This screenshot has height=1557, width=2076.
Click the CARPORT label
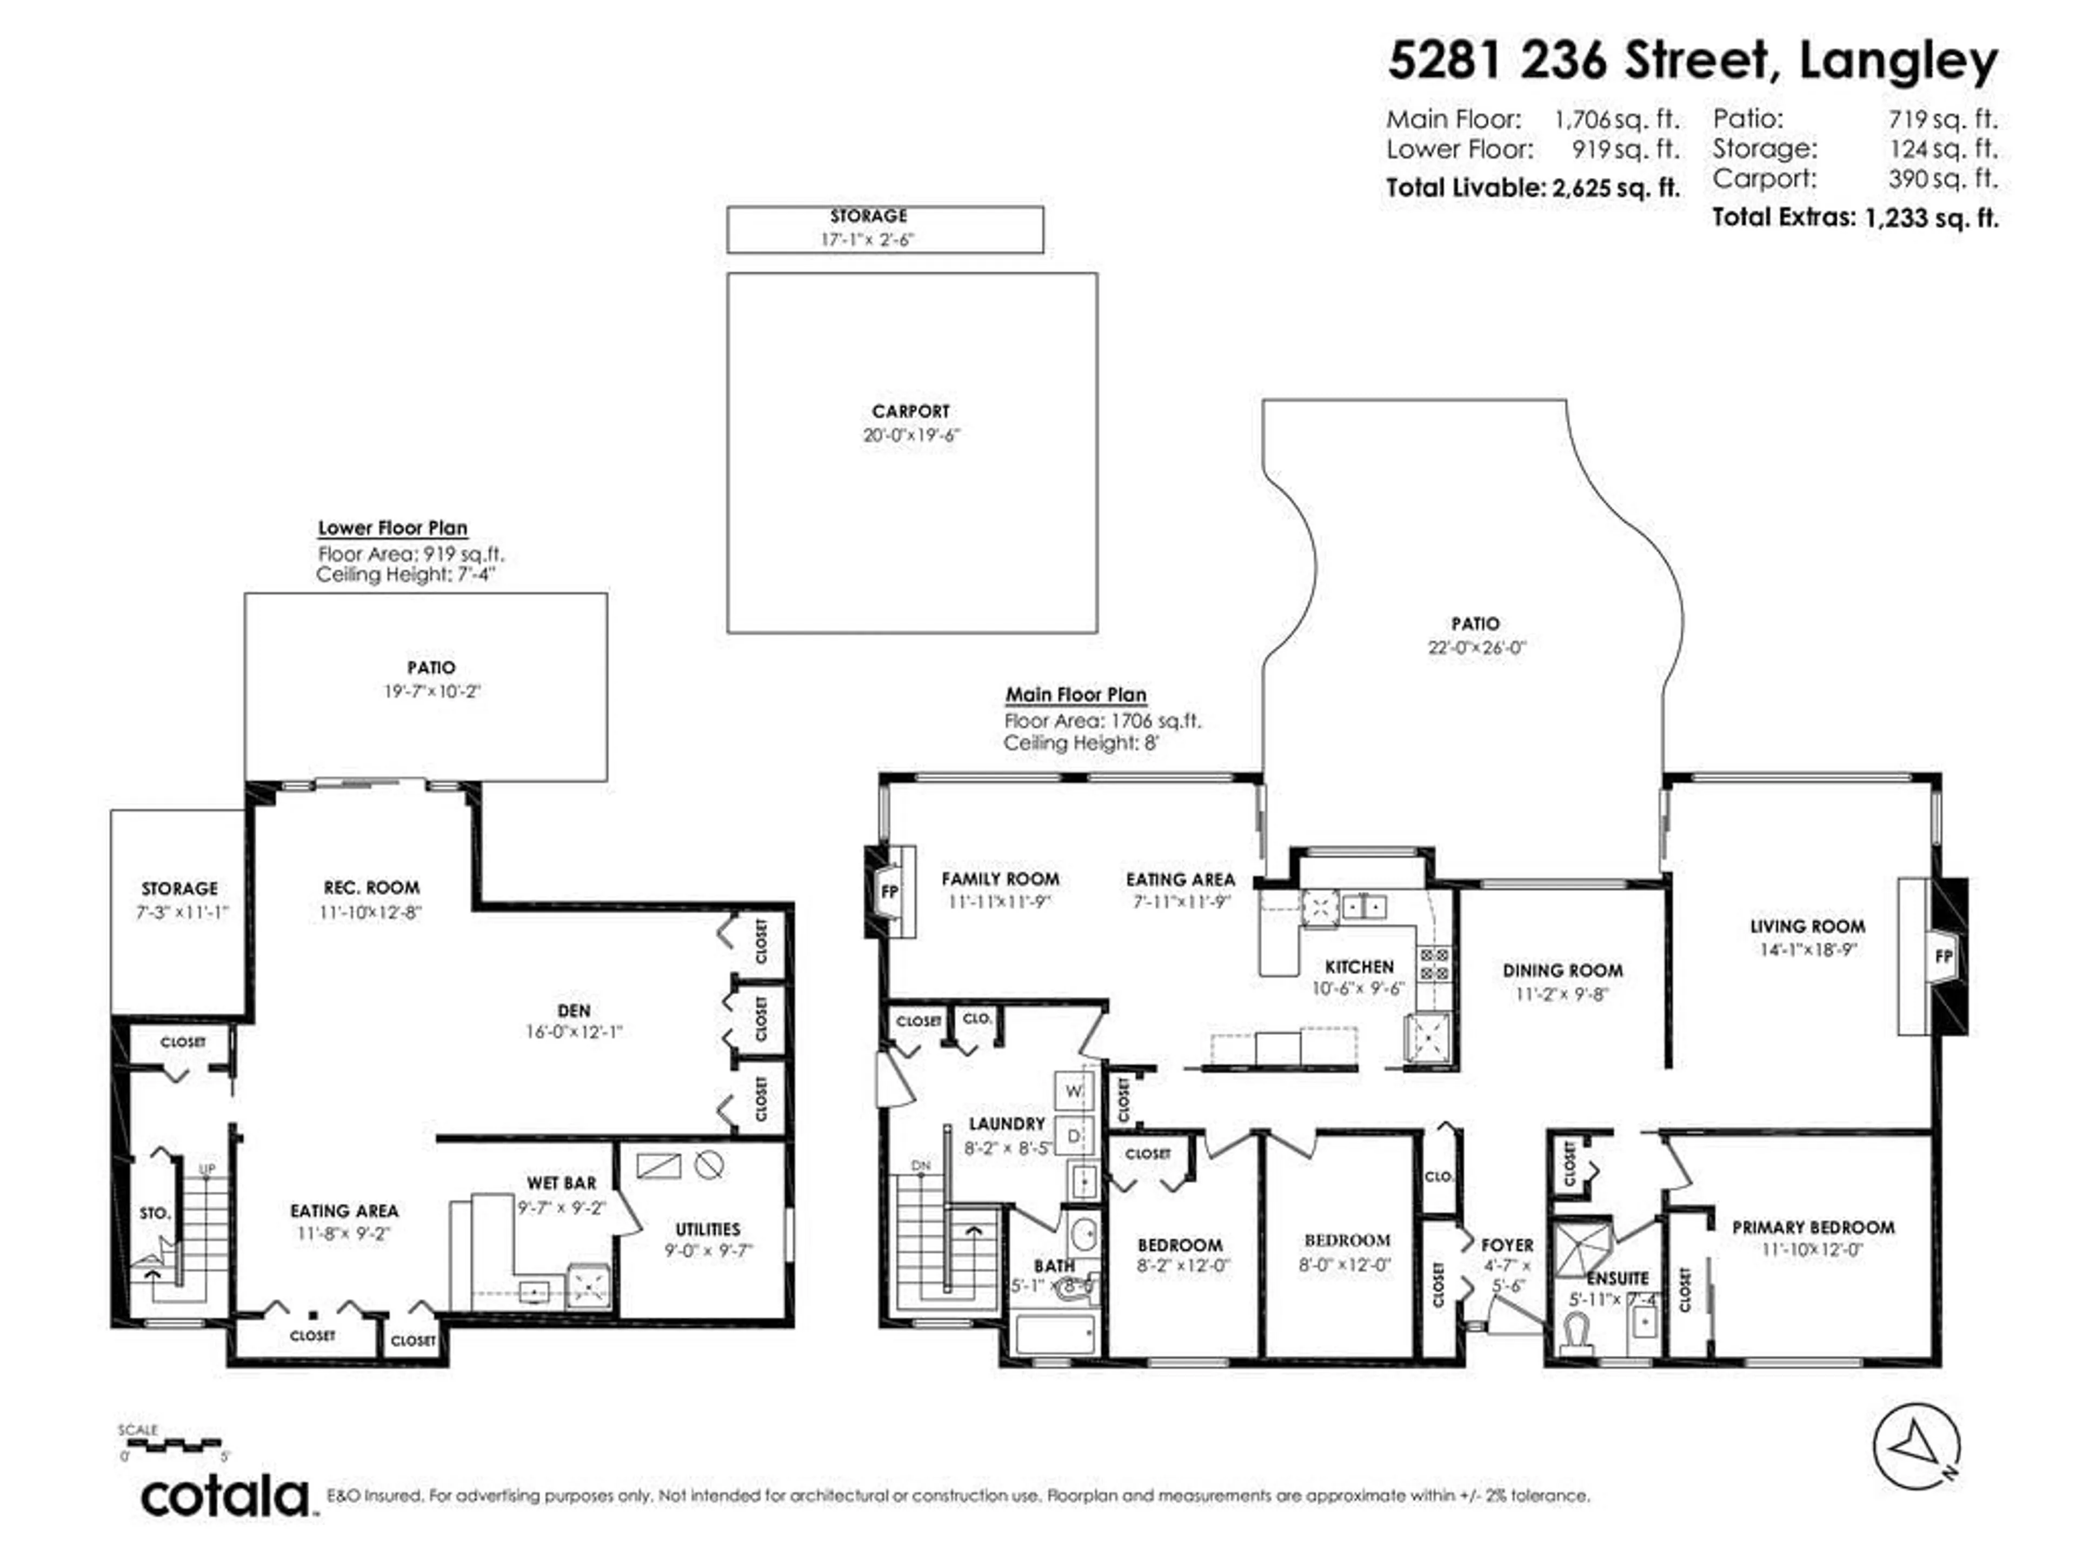[910, 411]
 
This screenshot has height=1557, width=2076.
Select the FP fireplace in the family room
[889, 890]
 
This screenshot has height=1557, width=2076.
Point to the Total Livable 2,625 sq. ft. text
[1533, 188]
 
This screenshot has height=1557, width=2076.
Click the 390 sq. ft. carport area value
[1942, 178]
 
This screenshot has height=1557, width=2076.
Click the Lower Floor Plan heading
[392, 528]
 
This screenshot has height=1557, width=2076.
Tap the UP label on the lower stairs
[207, 1168]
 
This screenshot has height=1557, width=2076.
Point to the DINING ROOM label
[1562, 970]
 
